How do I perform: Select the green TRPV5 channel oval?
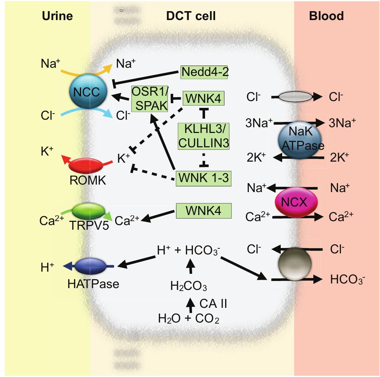click(x=88, y=211)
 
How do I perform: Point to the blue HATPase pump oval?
click(x=89, y=266)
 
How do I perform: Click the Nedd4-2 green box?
click(x=204, y=72)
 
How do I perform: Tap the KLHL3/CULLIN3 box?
click(x=204, y=136)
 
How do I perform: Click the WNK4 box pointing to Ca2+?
click(x=203, y=210)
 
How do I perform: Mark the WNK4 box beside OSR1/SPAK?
click(x=204, y=98)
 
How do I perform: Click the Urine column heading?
click(x=57, y=16)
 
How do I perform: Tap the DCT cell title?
click(x=191, y=16)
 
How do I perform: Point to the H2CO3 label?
click(x=189, y=286)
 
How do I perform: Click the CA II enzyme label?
click(x=213, y=304)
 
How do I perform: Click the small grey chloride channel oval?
click(x=295, y=96)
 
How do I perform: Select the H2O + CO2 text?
click(x=189, y=318)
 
